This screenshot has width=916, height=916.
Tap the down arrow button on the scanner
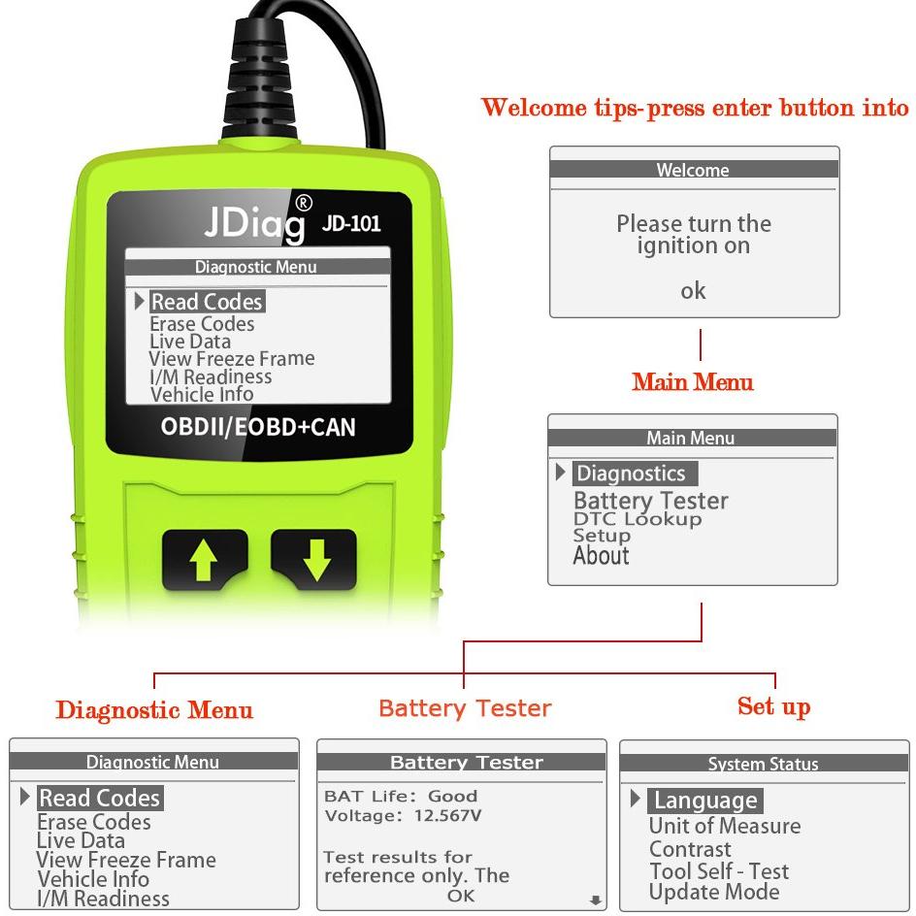pos(314,559)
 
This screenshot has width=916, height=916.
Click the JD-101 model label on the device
pos(351,223)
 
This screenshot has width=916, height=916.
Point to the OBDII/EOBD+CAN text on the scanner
pos(258,427)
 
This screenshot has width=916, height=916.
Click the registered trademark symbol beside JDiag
pos(303,203)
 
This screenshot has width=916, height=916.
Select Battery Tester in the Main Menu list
pos(651,501)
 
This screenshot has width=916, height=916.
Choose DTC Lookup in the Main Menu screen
pos(638,519)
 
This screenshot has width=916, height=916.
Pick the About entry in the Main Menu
pos(602,556)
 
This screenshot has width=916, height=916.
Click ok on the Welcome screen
pos(693,290)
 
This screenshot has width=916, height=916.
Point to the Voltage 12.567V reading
pos(403,815)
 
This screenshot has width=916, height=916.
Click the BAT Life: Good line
pos(401,797)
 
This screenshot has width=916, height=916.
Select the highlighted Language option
pos(705,801)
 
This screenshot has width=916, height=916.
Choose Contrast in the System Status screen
pos(690,849)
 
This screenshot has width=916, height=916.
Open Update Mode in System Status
pos(714,892)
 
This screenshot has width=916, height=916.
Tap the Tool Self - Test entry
pos(719,871)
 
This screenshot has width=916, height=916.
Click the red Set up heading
pos(773,706)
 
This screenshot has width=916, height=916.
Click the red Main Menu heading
pos(692,382)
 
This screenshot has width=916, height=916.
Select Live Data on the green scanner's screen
pos(190,342)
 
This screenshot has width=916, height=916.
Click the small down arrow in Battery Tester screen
pos(595,900)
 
